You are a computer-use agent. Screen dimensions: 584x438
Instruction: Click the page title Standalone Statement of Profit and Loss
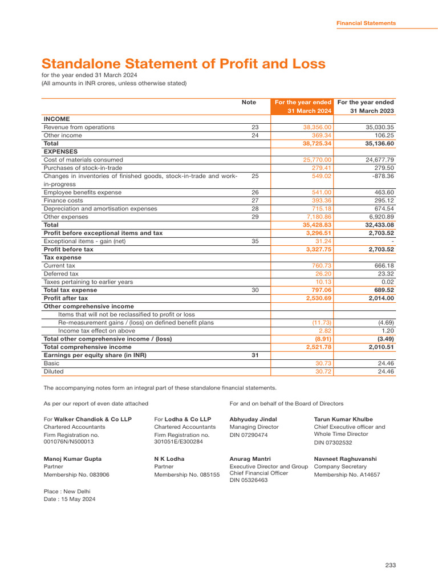(183, 64)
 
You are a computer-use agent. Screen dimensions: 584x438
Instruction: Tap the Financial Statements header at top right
(366, 23)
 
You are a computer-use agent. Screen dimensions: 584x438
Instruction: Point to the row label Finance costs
(63, 201)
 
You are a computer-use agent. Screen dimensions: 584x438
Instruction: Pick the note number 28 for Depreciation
(255, 209)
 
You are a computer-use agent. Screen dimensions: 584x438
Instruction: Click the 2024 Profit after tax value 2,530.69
(319, 298)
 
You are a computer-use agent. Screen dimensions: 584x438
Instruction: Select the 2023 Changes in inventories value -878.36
(379, 176)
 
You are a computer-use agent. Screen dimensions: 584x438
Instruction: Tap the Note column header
(249, 103)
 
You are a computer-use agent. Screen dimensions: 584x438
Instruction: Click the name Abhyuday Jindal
(253, 419)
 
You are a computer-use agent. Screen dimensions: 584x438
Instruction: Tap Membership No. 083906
(76, 474)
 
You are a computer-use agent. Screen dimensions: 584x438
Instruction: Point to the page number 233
(390, 565)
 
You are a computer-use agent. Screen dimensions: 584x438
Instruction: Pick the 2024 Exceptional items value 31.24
(323, 241)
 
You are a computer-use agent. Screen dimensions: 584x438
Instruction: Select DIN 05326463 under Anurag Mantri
(248, 480)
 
